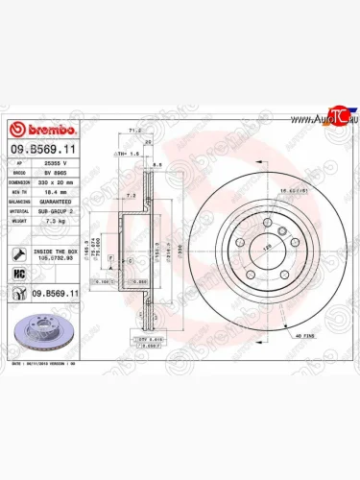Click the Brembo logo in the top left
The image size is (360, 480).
click(x=36, y=132)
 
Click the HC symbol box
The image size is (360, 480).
click(x=19, y=274)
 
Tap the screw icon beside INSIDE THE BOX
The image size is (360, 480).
click(x=19, y=253)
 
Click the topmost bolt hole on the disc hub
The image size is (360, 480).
click(x=261, y=218)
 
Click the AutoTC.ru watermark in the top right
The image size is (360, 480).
click(x=327, y=120)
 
